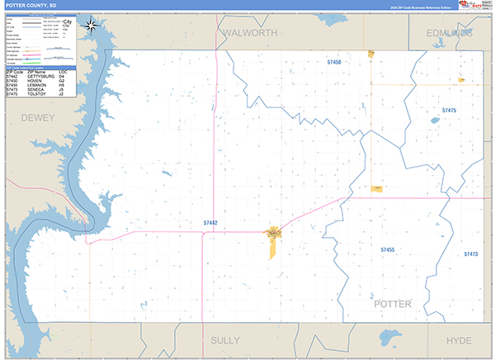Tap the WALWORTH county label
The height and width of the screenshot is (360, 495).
tap(248, 32)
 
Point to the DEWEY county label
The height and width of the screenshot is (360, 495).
tap(37, 118)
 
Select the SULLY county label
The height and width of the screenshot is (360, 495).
tap(224, 340)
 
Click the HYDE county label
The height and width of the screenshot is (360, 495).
tap(459, 340)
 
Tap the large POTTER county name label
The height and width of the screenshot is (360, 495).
tap(393, 304)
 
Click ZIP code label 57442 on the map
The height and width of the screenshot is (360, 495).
tap(210, 223)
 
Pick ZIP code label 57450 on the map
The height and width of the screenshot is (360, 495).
tap(334, 62)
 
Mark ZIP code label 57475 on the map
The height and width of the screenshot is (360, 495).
tap(449, 110)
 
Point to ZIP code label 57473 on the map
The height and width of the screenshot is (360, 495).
tap(471, 254)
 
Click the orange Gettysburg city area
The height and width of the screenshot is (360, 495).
tap(272, 239)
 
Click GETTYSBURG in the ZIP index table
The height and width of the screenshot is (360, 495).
tap(41, 76)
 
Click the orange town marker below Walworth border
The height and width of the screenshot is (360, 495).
tap(371, 54)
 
